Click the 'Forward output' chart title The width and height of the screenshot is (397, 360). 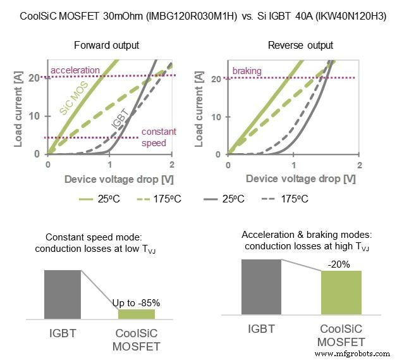(x=106, y=46)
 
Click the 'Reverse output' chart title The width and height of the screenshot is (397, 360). (x=293, y=46)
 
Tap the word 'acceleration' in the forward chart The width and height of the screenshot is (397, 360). (x=75, y=70)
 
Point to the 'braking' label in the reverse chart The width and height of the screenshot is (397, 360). (x=247, y=71)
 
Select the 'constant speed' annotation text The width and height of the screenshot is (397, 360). (x=154, y=137)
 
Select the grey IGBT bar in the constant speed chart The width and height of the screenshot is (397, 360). (x=62, y=294)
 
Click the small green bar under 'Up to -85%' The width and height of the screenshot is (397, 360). (x=136, y=313)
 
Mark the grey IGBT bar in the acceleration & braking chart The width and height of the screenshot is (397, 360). (x=260, y=287)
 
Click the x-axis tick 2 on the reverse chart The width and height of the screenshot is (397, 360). (x=358, y=165)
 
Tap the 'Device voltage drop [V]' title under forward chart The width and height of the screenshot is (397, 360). (x=110, y=179)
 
